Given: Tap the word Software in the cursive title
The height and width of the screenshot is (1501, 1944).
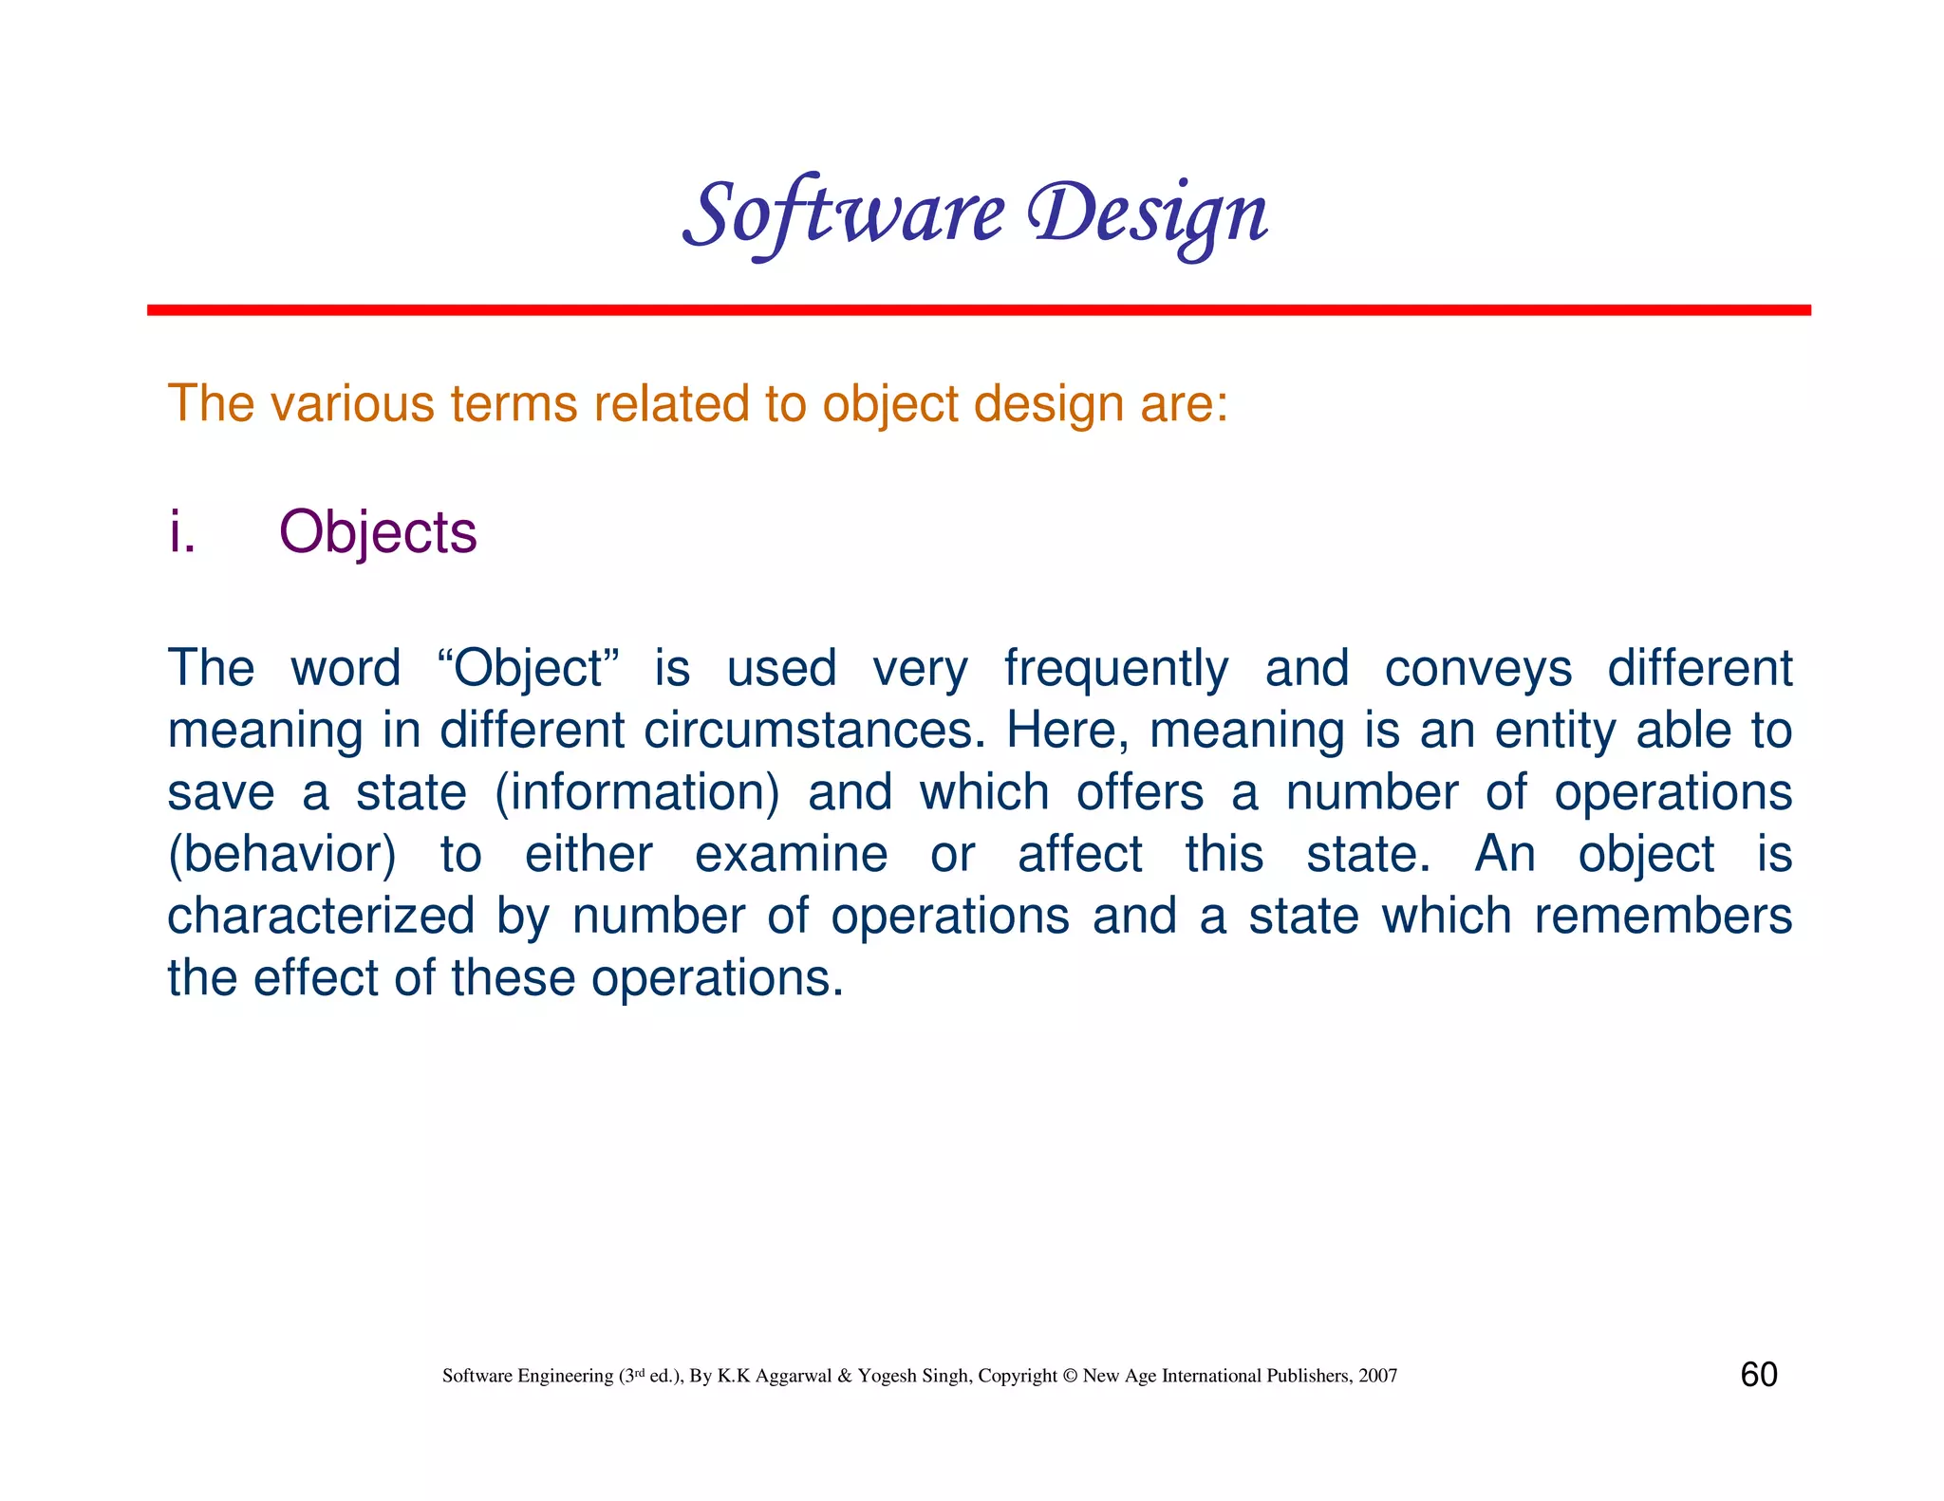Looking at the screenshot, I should point(843,214).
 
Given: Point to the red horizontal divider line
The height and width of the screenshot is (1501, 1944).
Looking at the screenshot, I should point(978,310).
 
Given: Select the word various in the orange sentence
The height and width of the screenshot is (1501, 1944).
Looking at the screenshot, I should point(353,403).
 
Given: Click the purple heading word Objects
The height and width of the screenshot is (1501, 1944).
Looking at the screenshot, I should point(378,532).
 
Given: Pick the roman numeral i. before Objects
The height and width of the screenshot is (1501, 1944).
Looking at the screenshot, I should point(181,532).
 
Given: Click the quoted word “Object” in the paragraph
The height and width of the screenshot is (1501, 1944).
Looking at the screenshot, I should point(529,668).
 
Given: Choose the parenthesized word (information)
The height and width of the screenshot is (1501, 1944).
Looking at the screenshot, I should point(637,793).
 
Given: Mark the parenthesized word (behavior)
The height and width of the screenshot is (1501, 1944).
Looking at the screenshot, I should point(282,855).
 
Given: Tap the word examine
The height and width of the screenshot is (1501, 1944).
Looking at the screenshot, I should point(791,854).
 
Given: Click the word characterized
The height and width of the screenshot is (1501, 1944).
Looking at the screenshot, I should point(321,917).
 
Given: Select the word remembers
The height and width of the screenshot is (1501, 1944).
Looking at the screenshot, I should point(1663,917).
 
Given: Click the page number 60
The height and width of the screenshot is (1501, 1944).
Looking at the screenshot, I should point(1759,1375).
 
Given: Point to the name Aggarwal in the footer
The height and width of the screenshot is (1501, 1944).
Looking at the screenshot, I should point(794,1377).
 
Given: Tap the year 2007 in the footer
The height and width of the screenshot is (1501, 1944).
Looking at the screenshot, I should point(1377,1376).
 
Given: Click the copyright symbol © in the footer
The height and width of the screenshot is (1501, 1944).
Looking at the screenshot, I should point(1070,1376).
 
